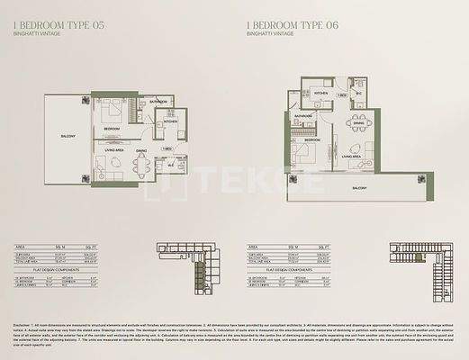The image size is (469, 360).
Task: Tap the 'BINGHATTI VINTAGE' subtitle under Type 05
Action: click(x=33, y=34)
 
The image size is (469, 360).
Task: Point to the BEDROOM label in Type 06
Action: click(x=311, y=141)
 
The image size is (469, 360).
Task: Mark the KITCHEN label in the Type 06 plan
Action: click(x=320, y=93)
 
